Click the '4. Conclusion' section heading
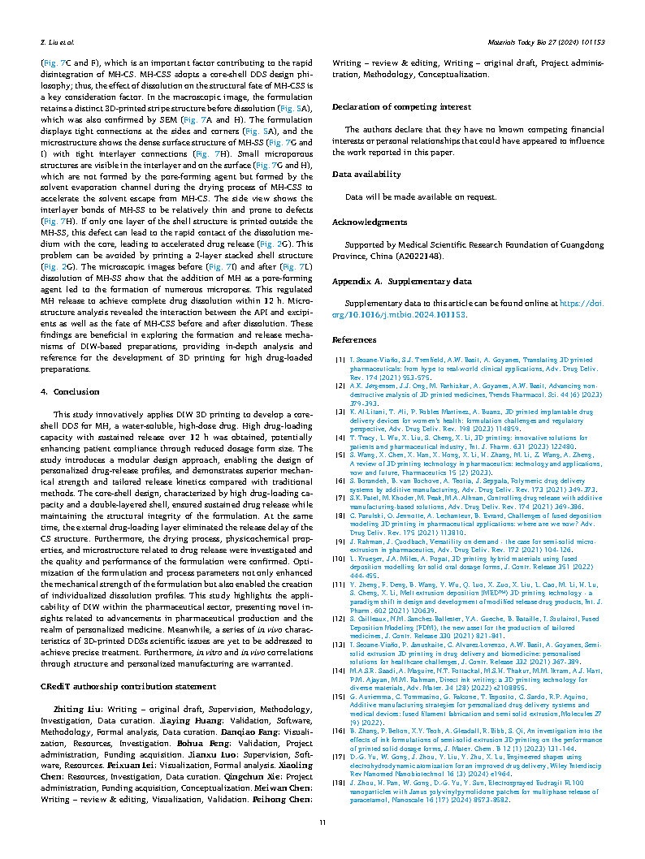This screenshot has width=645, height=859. pos(68,391)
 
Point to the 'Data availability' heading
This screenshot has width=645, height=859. pos(366,174)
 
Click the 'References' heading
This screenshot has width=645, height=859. pos(353,340)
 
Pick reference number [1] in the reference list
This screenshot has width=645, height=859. pos(340,359)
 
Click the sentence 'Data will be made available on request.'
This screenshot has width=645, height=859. pos(409,196)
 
